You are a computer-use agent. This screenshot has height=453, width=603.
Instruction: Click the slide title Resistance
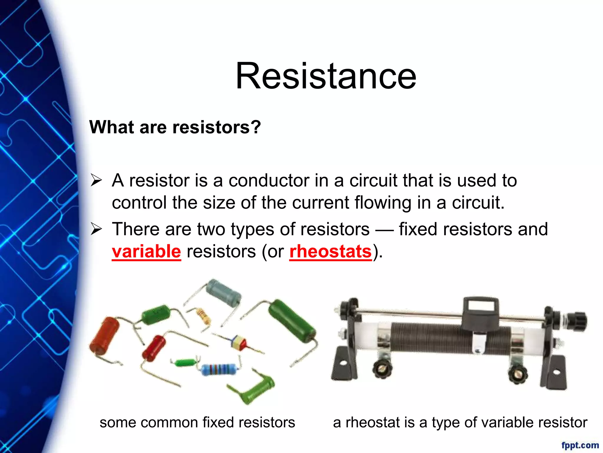[326, 76]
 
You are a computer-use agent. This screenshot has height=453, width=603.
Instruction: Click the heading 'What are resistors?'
[175, 127]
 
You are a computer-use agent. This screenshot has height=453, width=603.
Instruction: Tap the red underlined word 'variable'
[146, 252]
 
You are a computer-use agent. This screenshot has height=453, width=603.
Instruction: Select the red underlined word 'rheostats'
[331, 252]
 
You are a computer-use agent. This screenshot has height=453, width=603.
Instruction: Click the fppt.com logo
[580, 445]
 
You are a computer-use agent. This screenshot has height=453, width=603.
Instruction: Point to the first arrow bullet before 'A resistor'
[96, 180]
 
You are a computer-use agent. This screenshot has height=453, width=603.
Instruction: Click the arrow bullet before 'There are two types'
[96, 229]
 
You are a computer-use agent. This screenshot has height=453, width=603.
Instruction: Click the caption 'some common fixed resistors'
[197, 422]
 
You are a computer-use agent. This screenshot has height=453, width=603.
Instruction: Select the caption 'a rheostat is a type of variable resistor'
[460, 422]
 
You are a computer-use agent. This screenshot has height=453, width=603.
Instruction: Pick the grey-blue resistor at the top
[223, 292]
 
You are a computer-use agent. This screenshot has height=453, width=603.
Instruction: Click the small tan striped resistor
[203, 316]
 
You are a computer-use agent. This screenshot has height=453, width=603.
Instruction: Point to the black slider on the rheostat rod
[481, 313]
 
